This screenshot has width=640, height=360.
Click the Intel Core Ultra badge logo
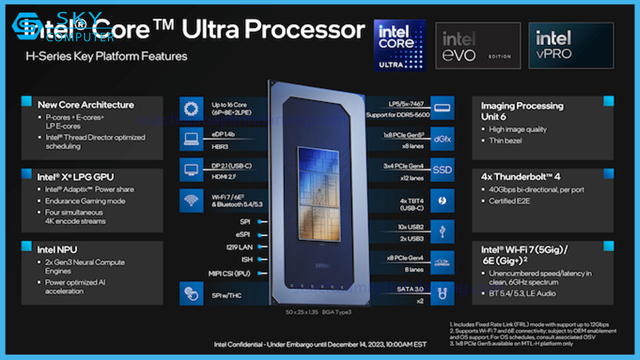coord(399,45)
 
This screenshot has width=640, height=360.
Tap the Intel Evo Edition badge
coord(478,45)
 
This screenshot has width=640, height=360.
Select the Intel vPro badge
coord(571,45)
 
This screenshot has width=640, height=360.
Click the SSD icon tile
coord(442,170)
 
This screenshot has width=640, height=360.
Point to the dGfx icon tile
coord(442,138)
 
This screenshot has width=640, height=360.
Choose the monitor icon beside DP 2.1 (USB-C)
coord(191,170)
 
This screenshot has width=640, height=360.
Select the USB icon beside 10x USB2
coord(442,232)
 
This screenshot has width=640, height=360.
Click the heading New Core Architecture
coord(86,105)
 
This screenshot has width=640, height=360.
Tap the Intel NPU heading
coord(57,249)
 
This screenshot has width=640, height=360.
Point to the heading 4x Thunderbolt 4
coord(520,177)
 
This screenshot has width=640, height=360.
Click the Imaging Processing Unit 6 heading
coord(521,111)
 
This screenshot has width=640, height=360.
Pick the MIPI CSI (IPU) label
coord(229,273)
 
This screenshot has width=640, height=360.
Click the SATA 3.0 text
coord(410,289)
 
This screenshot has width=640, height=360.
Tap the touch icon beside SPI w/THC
coord(191,293)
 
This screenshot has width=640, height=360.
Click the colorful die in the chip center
coord(318,192)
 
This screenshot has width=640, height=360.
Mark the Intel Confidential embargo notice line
coord(320,344)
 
